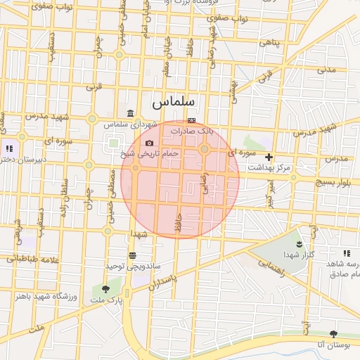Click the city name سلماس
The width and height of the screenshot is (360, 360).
[174, 103]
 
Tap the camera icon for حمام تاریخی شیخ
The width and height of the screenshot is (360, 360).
[149, 143]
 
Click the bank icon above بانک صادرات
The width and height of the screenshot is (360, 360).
[191, 120]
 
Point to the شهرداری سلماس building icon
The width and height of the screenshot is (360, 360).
[130, 114]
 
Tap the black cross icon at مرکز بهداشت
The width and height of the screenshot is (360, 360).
[269, 157]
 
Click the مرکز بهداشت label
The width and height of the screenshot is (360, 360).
[269, 168]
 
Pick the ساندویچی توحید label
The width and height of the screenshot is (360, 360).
[134, 266]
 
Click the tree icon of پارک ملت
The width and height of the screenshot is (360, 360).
[106, 288]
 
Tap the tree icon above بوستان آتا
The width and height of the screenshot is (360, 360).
[333, 333]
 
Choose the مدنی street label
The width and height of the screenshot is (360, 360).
[327, 70]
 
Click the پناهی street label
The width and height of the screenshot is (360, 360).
[270, 42]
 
